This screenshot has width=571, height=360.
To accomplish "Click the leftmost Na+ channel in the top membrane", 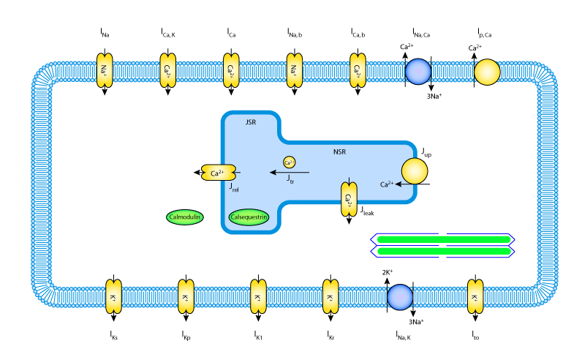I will pos(105,70).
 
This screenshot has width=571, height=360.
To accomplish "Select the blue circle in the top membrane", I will pos(418,72).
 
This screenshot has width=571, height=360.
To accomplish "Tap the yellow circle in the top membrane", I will pos(487,72).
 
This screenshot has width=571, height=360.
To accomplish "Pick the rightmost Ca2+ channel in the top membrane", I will pos(358,70).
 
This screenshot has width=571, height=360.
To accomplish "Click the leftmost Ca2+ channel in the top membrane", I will pos(168,70).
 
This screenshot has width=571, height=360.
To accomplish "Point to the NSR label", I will pos(339,152).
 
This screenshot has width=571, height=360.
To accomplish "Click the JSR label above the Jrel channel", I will pos(251,122).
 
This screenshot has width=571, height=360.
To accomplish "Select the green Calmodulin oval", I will pos(184,217).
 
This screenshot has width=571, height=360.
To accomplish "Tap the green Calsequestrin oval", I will pos(249,217).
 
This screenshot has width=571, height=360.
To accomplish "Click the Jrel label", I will pos(234,188).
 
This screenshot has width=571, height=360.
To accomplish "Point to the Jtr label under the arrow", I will pos(290,179).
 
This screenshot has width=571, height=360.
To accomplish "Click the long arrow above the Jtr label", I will pos(290,173).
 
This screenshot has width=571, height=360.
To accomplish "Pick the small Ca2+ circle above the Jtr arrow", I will pos(290,162).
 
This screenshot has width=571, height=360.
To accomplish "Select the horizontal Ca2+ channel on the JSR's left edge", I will pos(219,173).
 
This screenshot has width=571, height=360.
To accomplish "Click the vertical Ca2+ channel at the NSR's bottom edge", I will pos(349,199).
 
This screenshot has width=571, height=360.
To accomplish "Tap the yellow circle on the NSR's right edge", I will pos(414,171).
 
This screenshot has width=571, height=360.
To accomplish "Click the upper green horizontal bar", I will pos(443,239).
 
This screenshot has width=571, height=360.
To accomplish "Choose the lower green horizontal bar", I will pos(443,251).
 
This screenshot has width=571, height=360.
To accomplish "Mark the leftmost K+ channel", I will pos(113,297).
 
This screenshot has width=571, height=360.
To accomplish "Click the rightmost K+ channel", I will pos(475,297).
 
